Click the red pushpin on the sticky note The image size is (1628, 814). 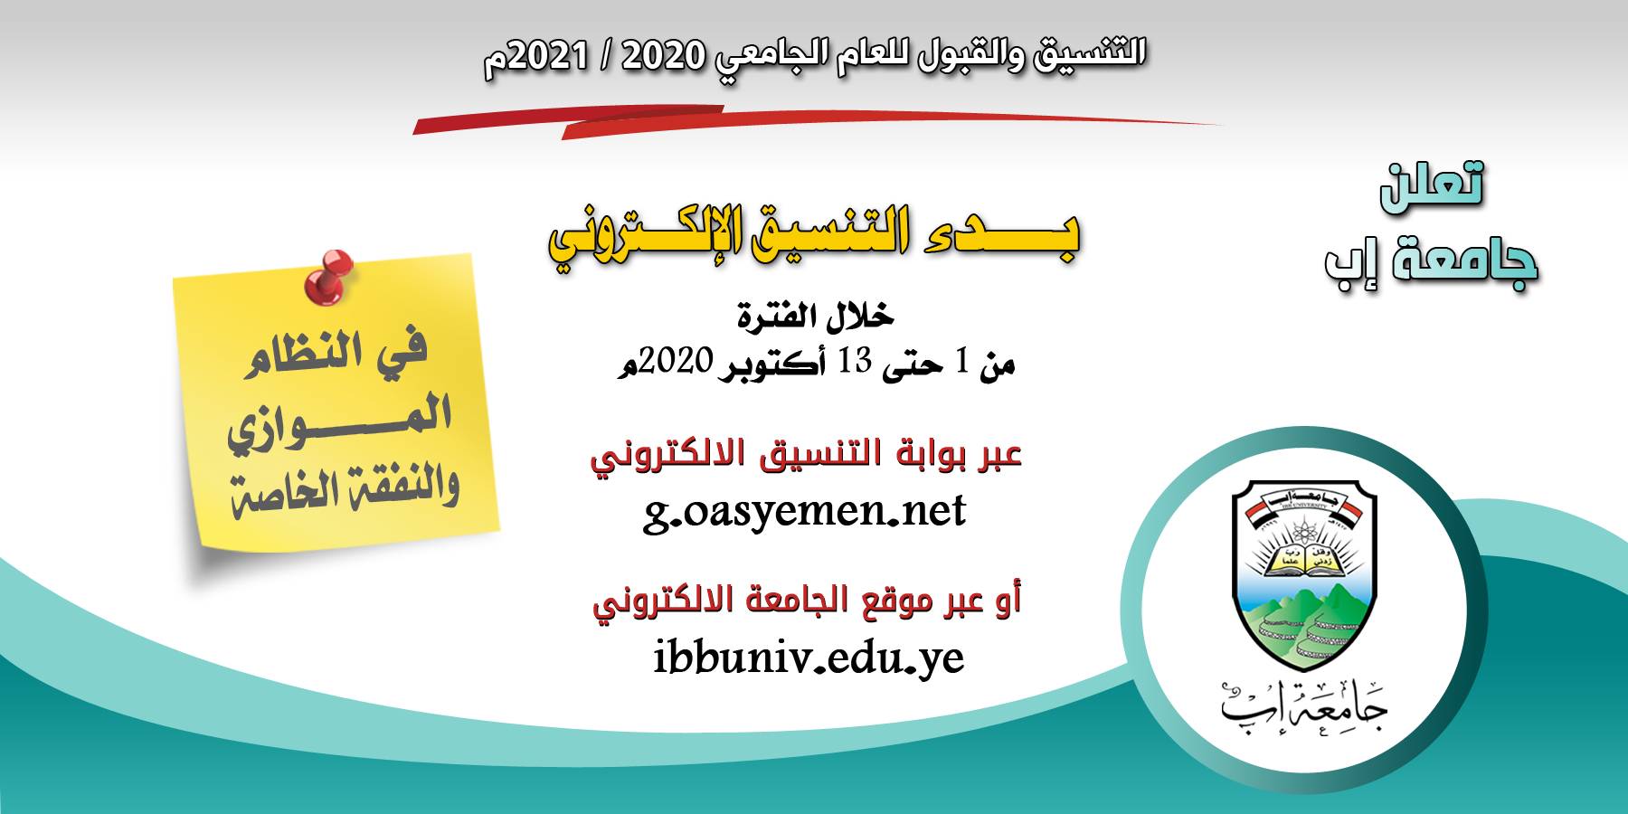(328, 276)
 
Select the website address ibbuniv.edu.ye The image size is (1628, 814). (809, 658)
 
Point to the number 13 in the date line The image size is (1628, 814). (855, 361)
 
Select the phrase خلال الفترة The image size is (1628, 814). (815, 316)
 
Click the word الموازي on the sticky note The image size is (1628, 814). (339, 421)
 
